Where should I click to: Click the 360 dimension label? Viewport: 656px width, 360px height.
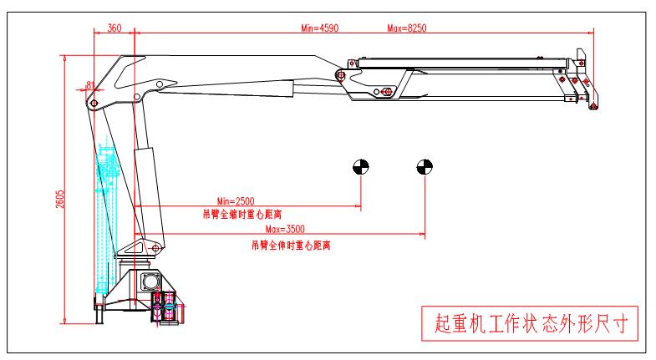tap(114, 28)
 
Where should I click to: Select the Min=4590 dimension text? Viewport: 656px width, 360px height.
tap(318, 28)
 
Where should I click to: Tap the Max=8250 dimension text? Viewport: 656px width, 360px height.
tap(407, 28)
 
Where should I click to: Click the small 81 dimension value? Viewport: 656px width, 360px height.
tap(89, 84)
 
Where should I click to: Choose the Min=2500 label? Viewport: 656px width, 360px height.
tap(235, 201)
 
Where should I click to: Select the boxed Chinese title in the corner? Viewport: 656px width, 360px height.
tap(529, 321)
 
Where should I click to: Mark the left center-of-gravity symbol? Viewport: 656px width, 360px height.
tap(360, 166)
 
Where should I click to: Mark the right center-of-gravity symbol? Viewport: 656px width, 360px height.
tap(424, 166)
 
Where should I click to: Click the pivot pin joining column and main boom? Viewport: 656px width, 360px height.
tap(94, 104)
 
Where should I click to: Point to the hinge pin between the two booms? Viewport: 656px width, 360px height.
tap(340, 76)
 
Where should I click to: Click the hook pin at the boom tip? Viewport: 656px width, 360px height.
tap(592, 104)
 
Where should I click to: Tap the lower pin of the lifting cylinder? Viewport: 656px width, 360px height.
tap(153, 248)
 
